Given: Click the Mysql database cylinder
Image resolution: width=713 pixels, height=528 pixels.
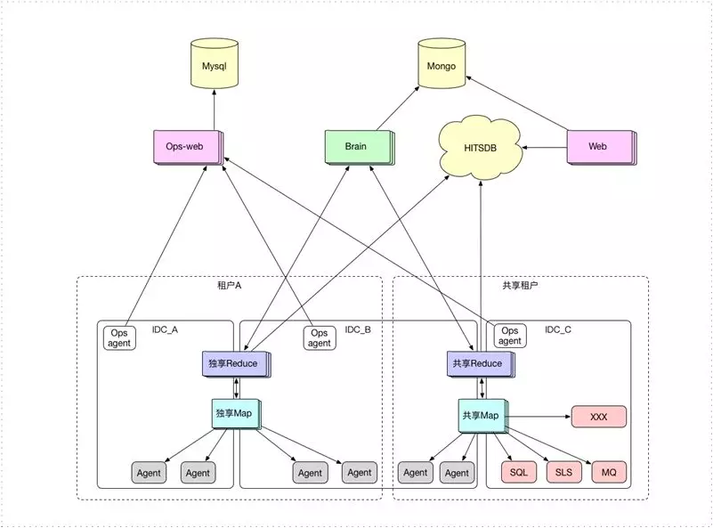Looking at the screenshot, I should click(x=215, y=67).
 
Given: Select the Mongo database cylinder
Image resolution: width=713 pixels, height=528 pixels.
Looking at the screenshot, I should click(x=442, y=67).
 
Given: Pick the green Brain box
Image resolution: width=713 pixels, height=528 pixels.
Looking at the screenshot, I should click(x=356, y=146).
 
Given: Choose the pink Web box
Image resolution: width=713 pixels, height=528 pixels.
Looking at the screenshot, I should click(x=598, y=145).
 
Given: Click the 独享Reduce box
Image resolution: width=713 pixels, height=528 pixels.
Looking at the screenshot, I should click(x=233, y=363).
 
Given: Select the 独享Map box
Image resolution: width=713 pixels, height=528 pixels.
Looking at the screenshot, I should click(x=233, y=414).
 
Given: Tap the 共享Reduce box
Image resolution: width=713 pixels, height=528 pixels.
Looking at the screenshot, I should click(x=477, y=363).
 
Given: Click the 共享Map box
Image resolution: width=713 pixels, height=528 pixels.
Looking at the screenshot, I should click(x=479, y=416).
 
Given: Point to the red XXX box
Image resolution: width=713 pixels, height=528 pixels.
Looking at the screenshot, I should click(x=598, y=416).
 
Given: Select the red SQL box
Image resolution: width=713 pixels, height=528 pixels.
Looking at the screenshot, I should click(x=519, y=472).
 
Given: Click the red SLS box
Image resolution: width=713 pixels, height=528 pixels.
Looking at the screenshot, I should click(x=563, y=472).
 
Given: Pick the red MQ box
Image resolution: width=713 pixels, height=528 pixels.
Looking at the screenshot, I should click(x=609, y=472).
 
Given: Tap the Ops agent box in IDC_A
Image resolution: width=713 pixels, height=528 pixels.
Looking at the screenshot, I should click(x=119, y=337).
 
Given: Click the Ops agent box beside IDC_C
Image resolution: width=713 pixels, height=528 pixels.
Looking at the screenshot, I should click(x=510, y=336).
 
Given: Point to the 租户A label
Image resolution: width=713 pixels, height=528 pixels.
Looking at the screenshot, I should click(x=230, y=286).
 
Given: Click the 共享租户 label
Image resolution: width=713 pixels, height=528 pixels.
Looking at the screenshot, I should click(x=520, y=286).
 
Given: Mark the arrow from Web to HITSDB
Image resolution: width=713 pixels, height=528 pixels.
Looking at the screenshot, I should click(x=545, y=145).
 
